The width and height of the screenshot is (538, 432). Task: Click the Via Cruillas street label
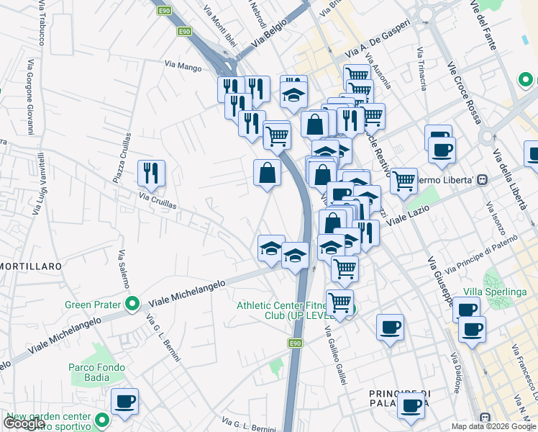point(159,201)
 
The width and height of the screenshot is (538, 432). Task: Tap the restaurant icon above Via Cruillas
point(151,173)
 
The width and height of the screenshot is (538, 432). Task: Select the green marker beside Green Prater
point(132,305)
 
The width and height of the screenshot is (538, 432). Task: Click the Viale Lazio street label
point(409,215)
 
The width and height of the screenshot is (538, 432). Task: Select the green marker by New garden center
point(101,419)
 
